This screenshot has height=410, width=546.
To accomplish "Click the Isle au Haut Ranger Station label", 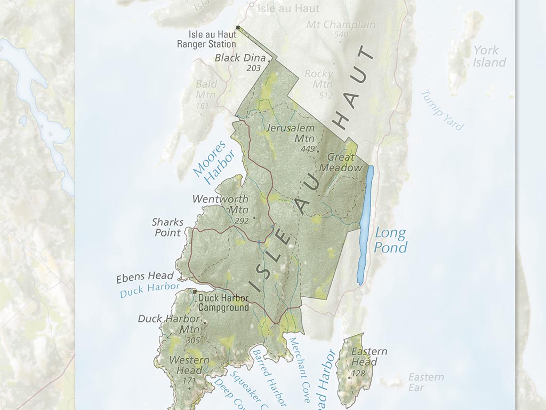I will pyautogui.click(x=205, y=38).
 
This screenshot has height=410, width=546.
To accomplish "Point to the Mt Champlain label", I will pyautogui.click(x=341, y=25).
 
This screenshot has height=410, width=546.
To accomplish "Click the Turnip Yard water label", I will pyautogui.click(x=442, y=111).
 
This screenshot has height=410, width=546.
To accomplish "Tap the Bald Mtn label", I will pyautogui.click(x=206, y=90).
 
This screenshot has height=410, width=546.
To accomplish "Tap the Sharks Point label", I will pyautogui.click(x=167, y=227).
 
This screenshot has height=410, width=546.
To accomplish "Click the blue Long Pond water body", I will pyautogui.click(x=365, y=224).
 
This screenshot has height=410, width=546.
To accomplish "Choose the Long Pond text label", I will pyautogui.click(x=391, y=240).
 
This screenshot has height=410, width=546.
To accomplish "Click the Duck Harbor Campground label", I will pyautogui.click(x=223, y=303).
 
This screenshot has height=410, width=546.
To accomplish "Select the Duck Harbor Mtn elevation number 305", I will pyautogui.click(x=192, y=340).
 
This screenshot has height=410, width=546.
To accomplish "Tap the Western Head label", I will pyautogui.click(x=189, y=365).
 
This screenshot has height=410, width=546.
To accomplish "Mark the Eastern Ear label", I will pyautogui.click(x=425, y=382).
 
